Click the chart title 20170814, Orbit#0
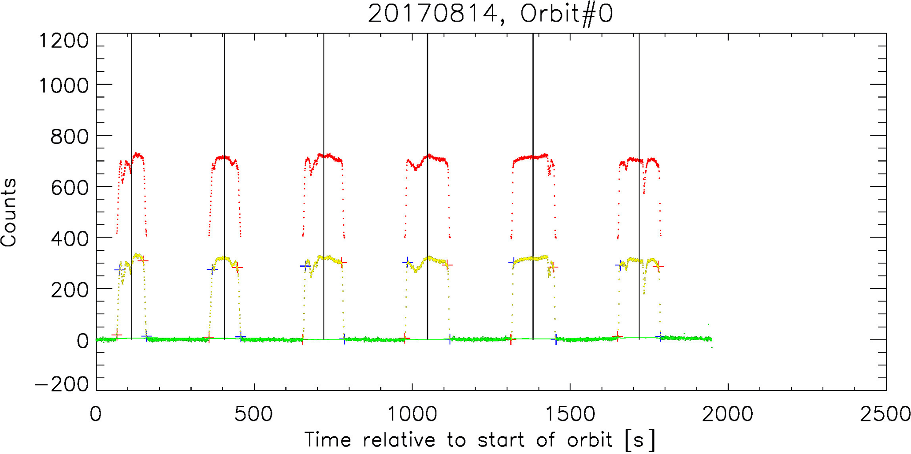tap(490, 14)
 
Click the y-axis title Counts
tap(9, 212)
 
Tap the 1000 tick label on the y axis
tap(64, 85)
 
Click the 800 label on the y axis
tap(70, 136)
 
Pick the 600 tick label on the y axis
tap(70, 187)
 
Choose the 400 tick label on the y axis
tap(70, 238)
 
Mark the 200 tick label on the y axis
tap(70, 290)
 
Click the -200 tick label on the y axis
tap(62, 384)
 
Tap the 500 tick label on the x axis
tap(254, 415)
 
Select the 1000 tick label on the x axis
tap(412, 415)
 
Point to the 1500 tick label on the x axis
tap(570, 415)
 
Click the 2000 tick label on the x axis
tap(728, 415)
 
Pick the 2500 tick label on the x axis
tap(886, 415)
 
